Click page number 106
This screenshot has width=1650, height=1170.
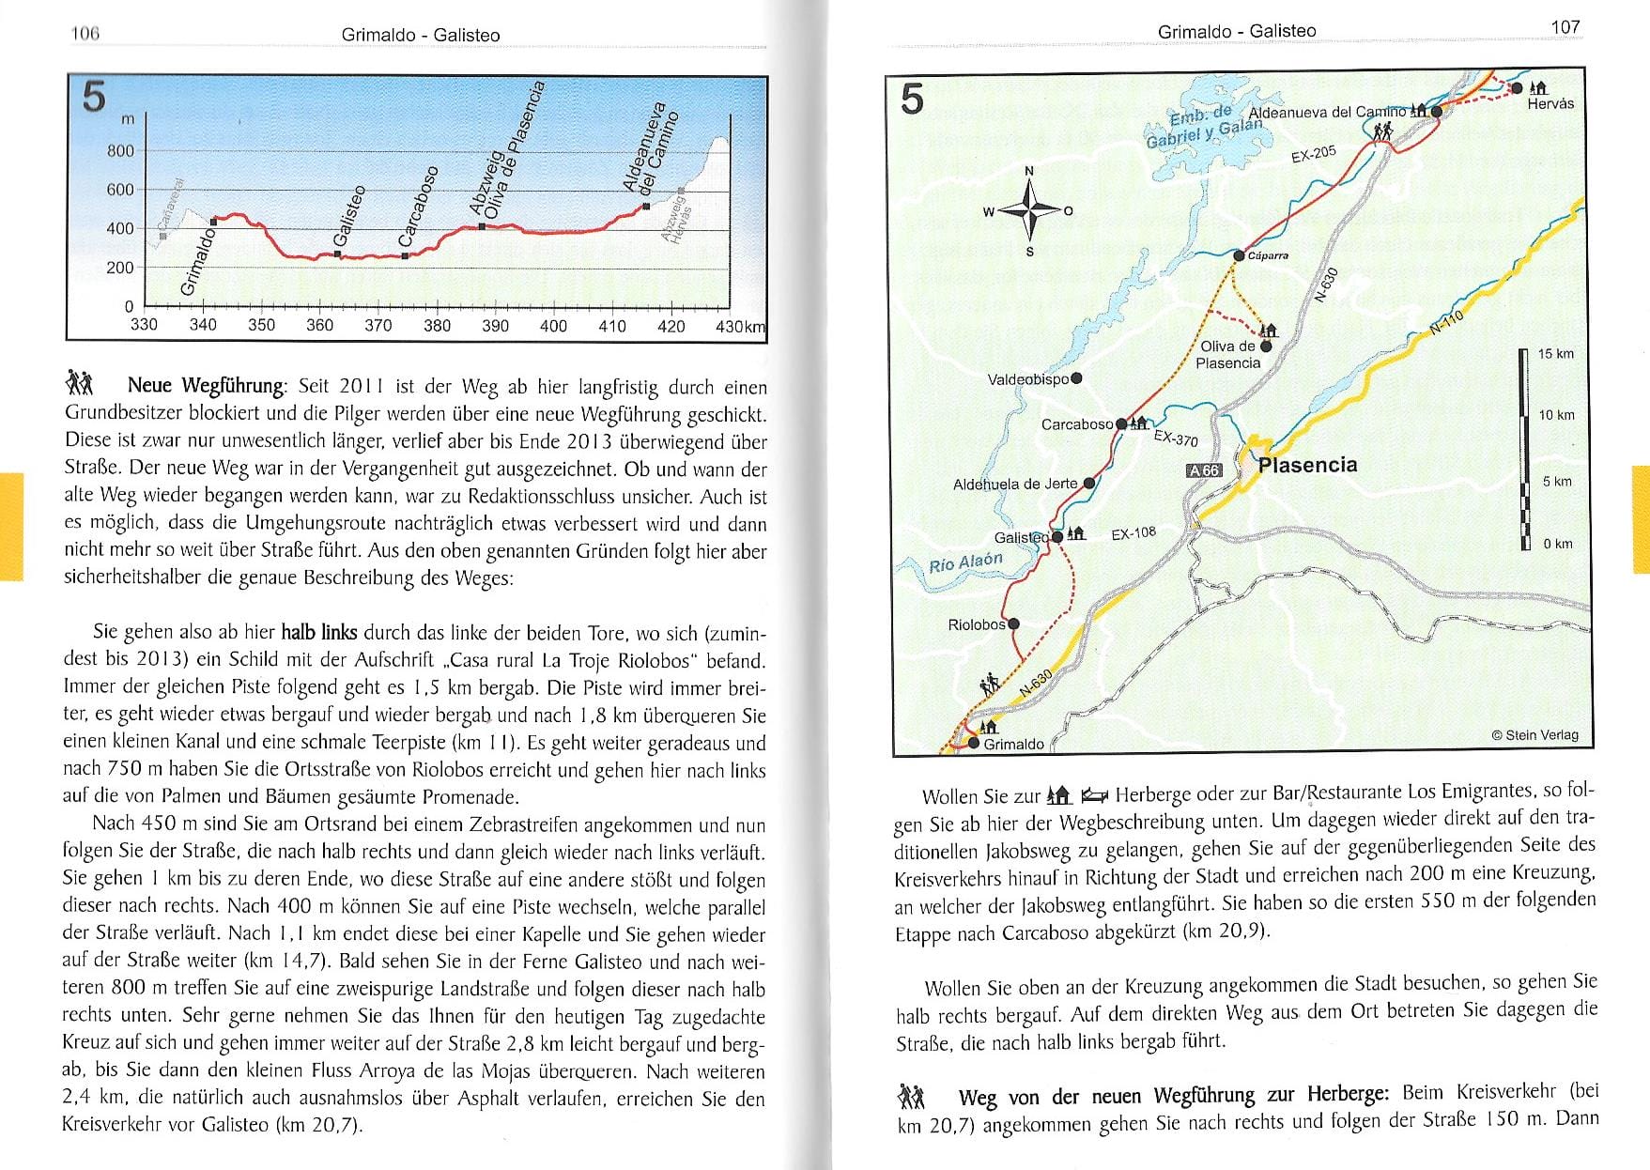click(x=85, y=34)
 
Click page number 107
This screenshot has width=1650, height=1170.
click(x=1565, y=27)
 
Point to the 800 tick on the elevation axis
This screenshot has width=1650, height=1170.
click(x=121, y=151)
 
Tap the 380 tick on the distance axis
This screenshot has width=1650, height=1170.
click(x=437, y=326)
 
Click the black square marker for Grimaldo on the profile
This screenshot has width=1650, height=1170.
click(x=214, y=222)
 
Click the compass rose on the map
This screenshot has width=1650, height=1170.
click(x=1029, y=210)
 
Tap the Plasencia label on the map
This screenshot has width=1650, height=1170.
click(x=1307, y=465)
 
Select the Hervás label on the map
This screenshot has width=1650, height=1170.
click(x=1550, y=104)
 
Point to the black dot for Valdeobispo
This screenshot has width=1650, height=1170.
click(x=1076, y=378)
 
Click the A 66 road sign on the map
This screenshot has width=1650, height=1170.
click(x=1203, y=470)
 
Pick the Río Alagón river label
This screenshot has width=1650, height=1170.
click(x=965, y=562)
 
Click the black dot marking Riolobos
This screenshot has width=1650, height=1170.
click(x=1013, y=623)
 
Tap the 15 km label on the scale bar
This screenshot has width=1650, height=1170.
click(x=1555, y=354)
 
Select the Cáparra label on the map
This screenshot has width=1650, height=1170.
click(x=1268, y=255)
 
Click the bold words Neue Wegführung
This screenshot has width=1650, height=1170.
click(x=206, y=385)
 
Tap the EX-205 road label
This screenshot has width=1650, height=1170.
click(x=1313, y=153)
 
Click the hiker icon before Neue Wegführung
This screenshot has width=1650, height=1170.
click(x=80, y=383)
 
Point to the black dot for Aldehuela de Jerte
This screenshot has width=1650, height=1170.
click(x=1089, y=484)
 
